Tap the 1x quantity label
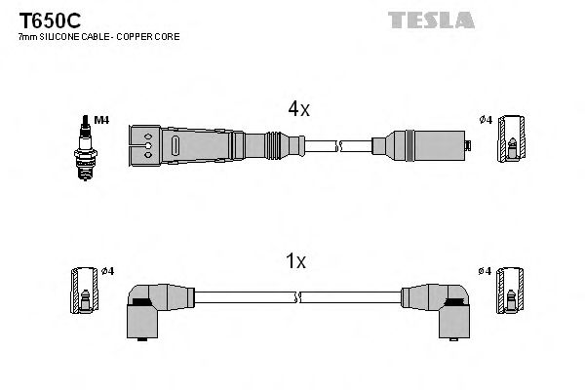point(294,261)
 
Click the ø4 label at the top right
point(486,120)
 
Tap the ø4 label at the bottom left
point(108,270)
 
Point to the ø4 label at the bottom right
point(486,270)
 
